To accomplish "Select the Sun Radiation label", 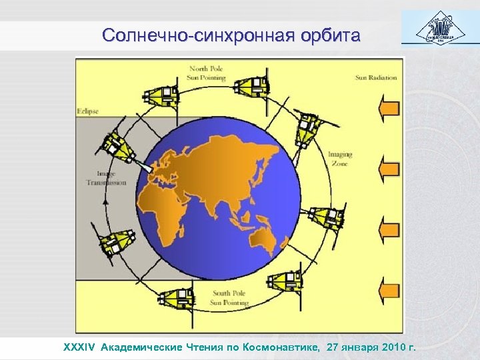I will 375,77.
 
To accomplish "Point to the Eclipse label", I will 87,111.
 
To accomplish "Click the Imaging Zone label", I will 340,159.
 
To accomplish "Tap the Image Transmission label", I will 106,178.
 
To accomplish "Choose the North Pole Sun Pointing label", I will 207,73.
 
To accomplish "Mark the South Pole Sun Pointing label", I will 230,298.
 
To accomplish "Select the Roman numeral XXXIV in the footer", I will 79,347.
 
